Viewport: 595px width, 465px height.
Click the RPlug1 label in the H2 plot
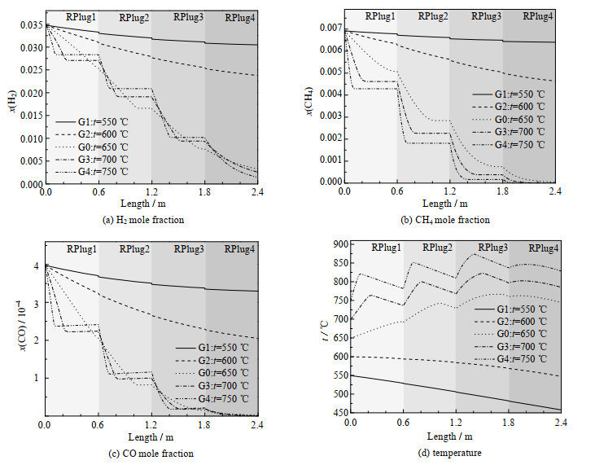[x=71, y=17]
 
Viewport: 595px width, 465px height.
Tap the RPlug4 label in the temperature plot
[x=544, y=248]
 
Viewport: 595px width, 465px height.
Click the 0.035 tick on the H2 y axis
[x=30, y=26]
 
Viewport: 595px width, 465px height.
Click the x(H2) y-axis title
[x=10, y=102]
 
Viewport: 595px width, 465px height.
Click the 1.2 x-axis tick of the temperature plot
[x=456, y=424]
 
